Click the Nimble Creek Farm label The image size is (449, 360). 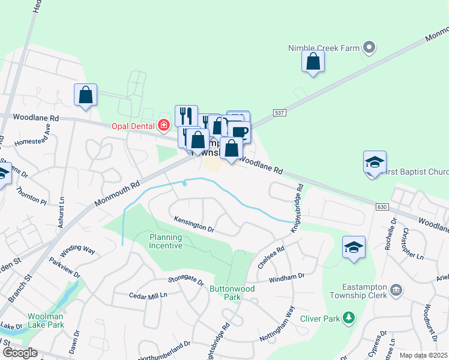point(324,47)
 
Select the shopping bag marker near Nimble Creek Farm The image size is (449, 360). point(313,62)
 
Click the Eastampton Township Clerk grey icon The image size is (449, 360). point(396,290)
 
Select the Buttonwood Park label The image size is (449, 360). point(232,293)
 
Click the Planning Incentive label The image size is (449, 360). point(166,241)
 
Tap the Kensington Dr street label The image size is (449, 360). point(194,224)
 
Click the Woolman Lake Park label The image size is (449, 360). point(46,320)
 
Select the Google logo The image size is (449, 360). point(20,353)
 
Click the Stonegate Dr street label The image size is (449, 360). point(186,280)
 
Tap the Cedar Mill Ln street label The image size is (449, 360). point(148,295)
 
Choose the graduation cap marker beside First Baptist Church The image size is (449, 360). point(375,162)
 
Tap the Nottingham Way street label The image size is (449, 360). point(277,325)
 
